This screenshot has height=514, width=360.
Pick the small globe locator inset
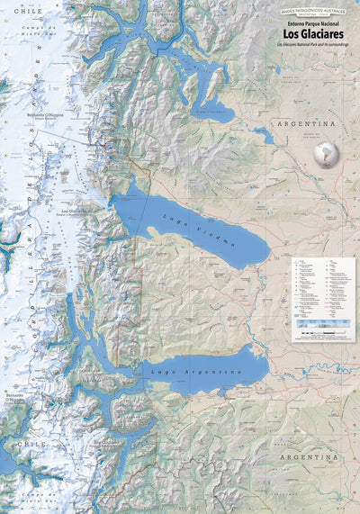(326, 153)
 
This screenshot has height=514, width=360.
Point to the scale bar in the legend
(323, 333)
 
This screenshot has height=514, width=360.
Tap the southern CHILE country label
(24, 444)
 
